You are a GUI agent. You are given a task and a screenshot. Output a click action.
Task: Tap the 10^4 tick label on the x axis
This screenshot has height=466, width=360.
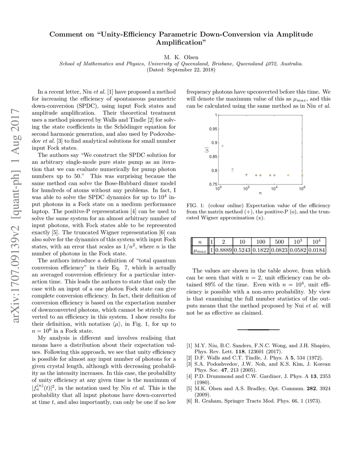tap(274, 189)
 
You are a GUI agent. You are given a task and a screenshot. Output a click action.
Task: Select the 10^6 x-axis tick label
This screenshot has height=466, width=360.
tap(302, 189)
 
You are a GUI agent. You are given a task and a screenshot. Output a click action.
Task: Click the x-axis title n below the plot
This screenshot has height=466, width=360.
tap(260, 193)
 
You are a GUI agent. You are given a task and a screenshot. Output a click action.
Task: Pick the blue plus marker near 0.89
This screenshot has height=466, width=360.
tap(223, 146)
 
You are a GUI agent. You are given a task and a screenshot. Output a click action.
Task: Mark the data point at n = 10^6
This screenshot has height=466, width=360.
tap(302, 176)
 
